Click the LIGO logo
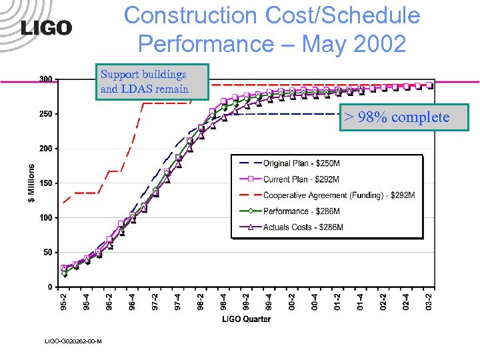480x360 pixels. pyautogui.click(x=46, y=27)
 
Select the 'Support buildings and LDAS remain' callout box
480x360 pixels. pyautogui.click(x=153, y=81)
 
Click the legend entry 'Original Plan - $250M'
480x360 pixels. pyautogui.click(x=300, y=163)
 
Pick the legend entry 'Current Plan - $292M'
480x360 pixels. pyautogui.click(x=301, y=179)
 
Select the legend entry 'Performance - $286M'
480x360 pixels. pyautogui.click(x=301, y=211)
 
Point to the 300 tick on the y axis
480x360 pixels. pyautogui.click(x=46, y=79)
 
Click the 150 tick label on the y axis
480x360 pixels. pyautogui.click(x=46, y=183)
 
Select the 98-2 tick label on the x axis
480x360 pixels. pyautogui.click(x=201, y=302)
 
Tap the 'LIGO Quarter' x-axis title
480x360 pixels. pyautogui.click(x=246, y=319)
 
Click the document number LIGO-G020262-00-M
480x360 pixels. pyautogui.click(x=73, y=341)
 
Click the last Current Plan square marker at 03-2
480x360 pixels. pyautogui.click(x=429, y=85)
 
